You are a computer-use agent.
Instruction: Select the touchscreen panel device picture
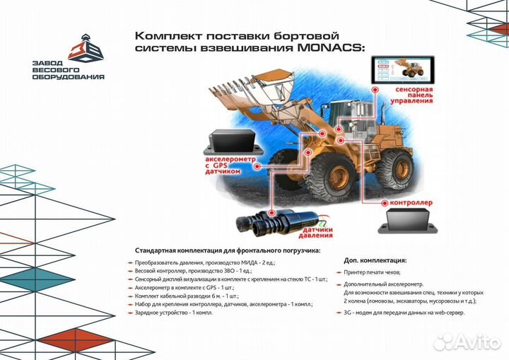(399, 70)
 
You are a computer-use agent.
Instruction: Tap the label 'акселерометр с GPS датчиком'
(226, 169)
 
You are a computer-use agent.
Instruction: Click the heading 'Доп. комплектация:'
(375, 260)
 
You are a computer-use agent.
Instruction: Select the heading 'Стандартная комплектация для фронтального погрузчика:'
(227, 250)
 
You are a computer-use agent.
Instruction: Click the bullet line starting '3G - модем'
(404, 313)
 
